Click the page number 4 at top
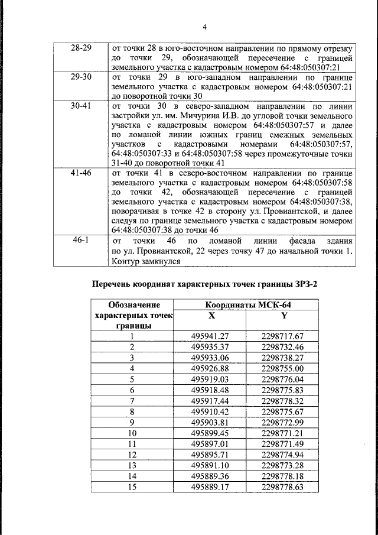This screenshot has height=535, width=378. click(x=204, y=27)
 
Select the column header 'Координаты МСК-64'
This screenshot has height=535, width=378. click(x=248, y=305)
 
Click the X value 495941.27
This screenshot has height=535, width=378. click(x=210, y=336)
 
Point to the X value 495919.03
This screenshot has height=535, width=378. click(x=210, y=378)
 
